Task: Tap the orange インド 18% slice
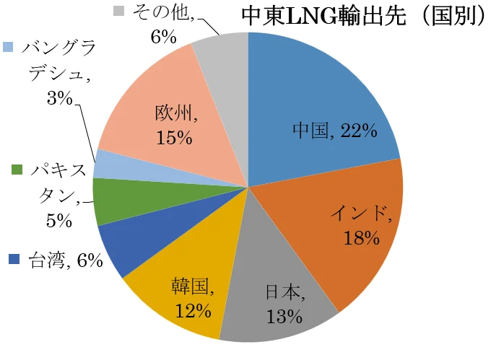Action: [x=347, y=231]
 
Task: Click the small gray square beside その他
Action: [x=119, y=11]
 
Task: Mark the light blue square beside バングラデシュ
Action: [x=8, y=46]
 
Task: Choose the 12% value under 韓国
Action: [x=193, y=311]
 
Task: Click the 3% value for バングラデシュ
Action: [x=58, y=99]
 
